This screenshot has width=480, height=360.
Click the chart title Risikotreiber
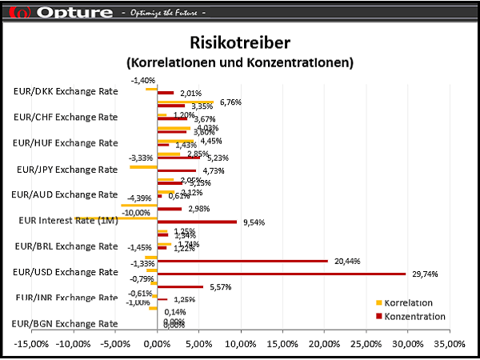pos(240,42)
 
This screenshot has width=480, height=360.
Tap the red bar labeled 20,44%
pos(243,261)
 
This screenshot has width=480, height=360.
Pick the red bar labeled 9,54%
pos(198,222)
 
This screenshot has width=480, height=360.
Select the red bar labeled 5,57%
pos(181,286)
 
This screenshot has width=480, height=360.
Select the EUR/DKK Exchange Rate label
pos(66,91)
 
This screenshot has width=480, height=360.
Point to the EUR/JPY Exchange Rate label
pos(66,170)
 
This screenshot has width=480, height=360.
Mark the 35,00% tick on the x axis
pos(449,344)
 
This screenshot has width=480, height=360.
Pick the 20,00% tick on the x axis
pos(324,344)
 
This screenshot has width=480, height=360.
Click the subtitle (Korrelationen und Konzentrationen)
pos(240,62)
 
